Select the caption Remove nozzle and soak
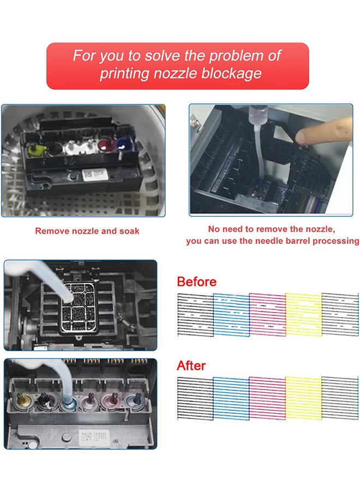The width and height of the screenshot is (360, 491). point(87,231)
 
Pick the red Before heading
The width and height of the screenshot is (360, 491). point(196,282)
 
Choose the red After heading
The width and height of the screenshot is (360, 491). point(191,365)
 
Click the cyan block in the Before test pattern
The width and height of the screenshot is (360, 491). point(231,315)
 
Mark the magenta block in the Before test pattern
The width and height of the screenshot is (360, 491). point(267,315)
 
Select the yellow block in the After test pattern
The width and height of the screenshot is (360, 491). point(303,397)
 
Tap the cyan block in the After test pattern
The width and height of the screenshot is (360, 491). point(231,397)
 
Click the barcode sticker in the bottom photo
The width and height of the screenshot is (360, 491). point(88,436)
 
